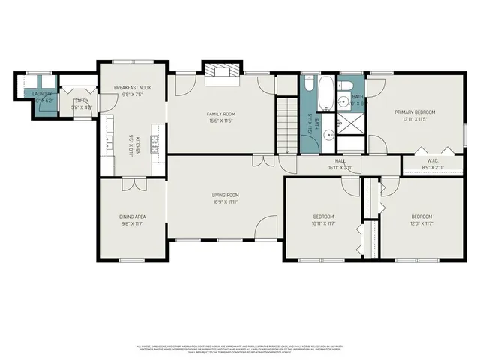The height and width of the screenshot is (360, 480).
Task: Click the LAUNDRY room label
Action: [41, 94]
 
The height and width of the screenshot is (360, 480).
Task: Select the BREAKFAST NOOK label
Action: [133, 88]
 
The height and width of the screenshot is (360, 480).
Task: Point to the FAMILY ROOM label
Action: [221, 114]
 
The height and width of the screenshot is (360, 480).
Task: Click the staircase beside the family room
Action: [287, 127]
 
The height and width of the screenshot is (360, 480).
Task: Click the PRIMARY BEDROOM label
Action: [415, 112]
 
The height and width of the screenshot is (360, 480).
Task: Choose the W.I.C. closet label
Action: [433, 160]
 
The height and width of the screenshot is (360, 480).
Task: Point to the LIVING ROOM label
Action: [224, 196]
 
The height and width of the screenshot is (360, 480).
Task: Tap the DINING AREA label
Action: [133, 217]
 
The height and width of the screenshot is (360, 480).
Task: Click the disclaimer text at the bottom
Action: [240, 348]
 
